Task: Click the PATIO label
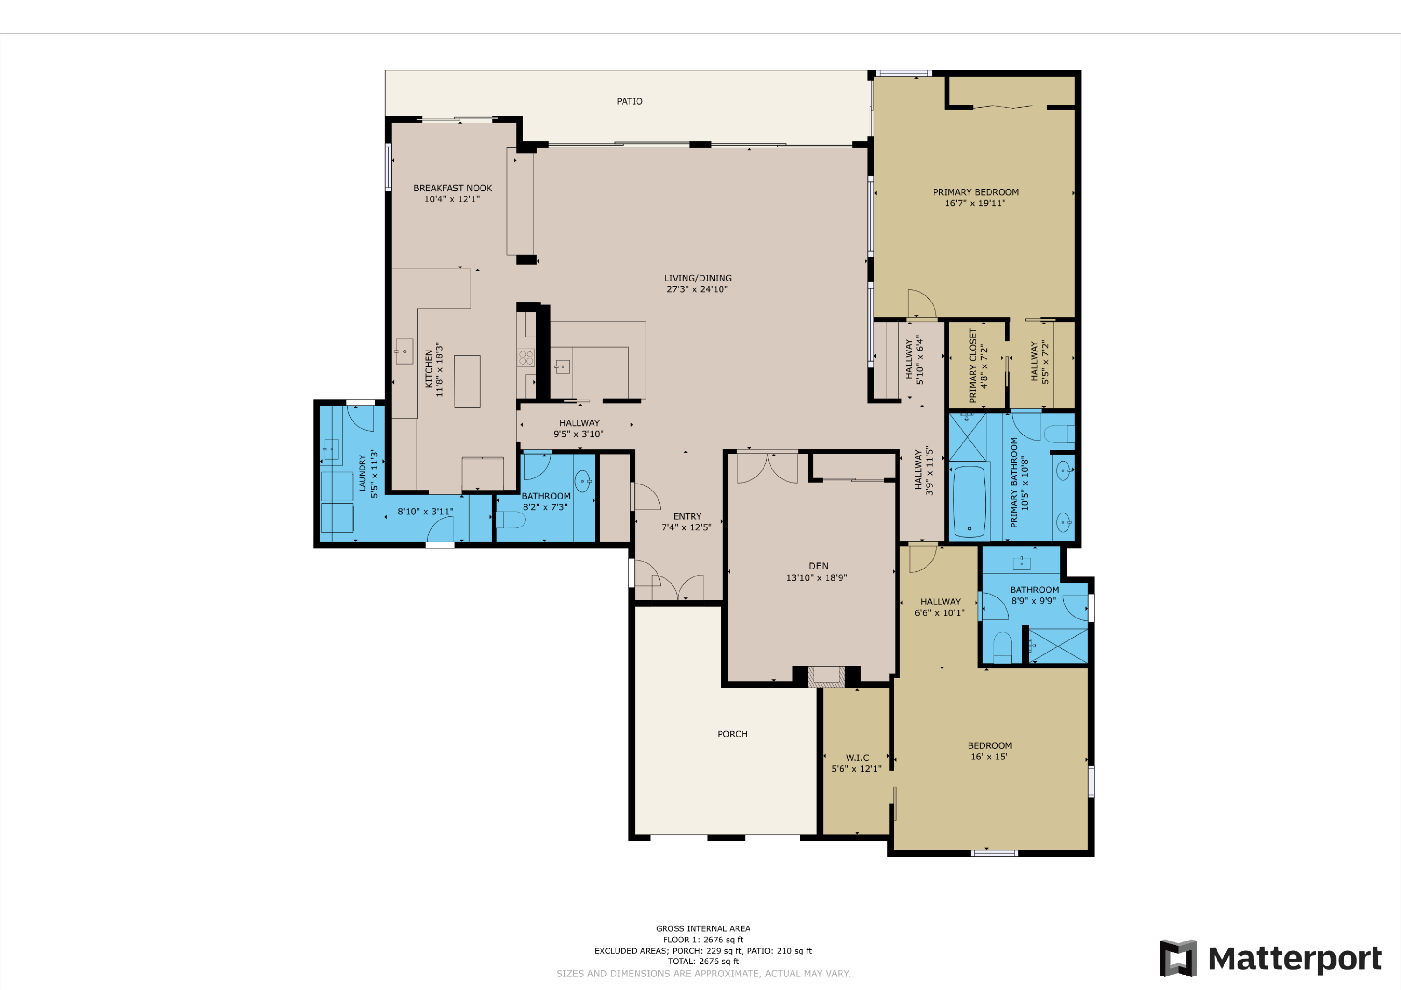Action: click(x=629, y=101)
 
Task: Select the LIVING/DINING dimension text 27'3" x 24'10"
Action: click(x=697, y=289)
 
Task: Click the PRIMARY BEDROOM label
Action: click(x=976, y=192)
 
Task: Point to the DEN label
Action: click(x=818, y=566)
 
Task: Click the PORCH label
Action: click(x=732, y=734)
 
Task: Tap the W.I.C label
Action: click(x=857, y=758)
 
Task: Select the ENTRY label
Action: click(x=687, y=516)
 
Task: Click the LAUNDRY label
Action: click(x=362, y=473)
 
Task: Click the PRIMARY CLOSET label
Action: click(x=973, y=365)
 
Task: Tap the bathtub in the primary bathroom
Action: click(x=969, y=501)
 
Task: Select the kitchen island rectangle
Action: click(x=467, y=381)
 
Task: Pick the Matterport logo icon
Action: click(x=1178, y=958)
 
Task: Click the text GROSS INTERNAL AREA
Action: click(x=703, y=928)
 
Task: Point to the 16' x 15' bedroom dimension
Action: click(x=989, y=756)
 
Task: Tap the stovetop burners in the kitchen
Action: click(x=526, y=358)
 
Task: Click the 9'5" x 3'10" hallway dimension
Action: click(x=579, y=434)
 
